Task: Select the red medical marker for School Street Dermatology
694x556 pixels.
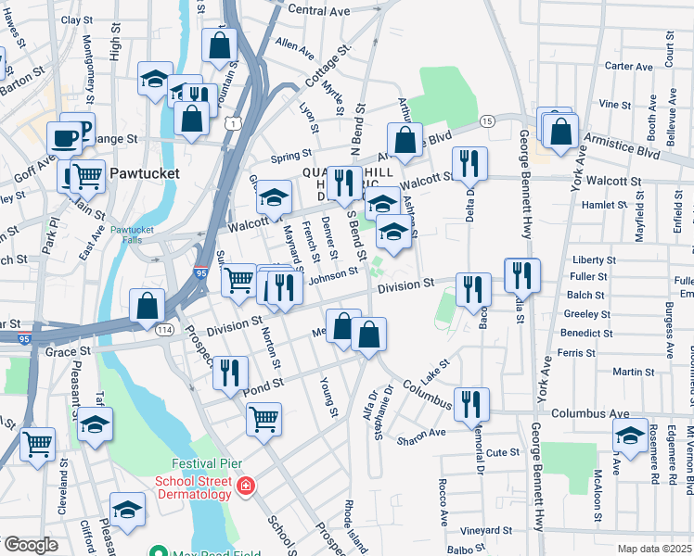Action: tap(245, 486)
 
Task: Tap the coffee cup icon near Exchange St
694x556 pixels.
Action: tap(64, 138)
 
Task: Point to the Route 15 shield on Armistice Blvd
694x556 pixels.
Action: tap(486, 122)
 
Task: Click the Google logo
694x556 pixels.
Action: tap(30, 546)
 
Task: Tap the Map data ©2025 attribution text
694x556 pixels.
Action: tap(654, 549)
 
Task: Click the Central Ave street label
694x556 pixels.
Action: tap(317, 9)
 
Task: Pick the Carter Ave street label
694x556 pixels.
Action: tap(628, 67)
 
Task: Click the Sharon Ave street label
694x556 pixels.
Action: tap(421, 432)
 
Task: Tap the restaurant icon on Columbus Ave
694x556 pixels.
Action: tap(471, 402)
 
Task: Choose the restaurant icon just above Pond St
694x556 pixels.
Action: tap(229, 372)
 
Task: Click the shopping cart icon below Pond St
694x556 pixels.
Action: tap(264, 418)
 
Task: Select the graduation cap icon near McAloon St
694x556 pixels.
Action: tap(630, 436)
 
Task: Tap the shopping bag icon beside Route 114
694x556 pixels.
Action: tap(148, 305)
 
